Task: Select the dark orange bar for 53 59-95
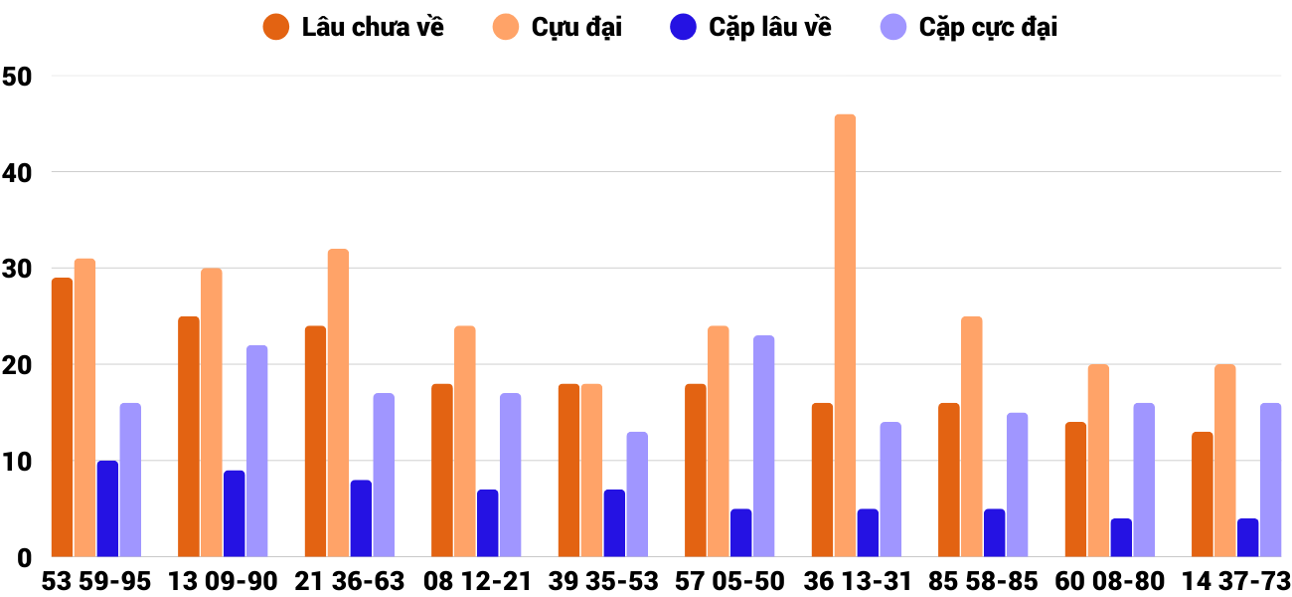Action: point(62,418)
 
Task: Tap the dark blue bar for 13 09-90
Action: point(234,513)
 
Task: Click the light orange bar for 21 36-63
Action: point(338,403)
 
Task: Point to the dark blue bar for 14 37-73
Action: point(1247,537)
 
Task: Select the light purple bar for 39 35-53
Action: point(637,495)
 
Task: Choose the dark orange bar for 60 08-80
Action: point(1075,490)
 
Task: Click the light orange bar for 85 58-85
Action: point(971,437)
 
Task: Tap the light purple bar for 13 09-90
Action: point(256,451)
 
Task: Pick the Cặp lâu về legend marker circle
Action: point(683,27)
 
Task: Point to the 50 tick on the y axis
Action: point(17,76)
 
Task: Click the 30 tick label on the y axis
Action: point(17,269)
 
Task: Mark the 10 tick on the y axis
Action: point(17,462)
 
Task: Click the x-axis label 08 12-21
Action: point(477,580)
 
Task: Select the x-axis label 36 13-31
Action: point(857,580)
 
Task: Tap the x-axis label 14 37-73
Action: point(1235,580)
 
